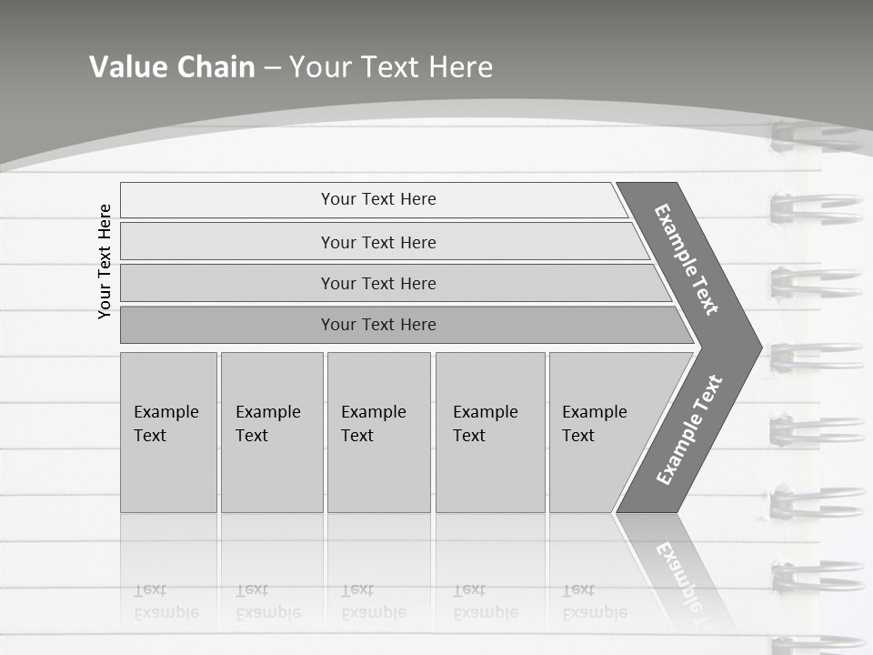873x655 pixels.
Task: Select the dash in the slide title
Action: point(272,68)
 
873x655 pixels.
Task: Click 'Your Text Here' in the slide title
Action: point(391,67)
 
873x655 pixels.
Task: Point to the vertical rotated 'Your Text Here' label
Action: point(105,261)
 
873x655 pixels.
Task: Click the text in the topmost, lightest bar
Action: point(378,199)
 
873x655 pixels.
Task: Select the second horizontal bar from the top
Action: point(378,242)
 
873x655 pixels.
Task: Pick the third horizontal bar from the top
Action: point(378,283)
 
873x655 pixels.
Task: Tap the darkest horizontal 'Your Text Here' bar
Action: point(378,325)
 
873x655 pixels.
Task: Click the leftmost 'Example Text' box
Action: point(168,431)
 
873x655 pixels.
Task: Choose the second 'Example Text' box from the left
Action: point(271,431)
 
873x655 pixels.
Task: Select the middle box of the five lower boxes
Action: point(378,431)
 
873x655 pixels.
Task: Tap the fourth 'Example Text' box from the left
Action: point(489,431)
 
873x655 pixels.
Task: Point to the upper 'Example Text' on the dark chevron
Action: point(687,259)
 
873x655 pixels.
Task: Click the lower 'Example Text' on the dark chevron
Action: point(688,430)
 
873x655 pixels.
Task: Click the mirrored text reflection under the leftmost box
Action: point(166,602)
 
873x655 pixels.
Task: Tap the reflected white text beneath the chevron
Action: point(677,573)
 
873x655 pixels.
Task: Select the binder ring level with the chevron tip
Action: point(814,356)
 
